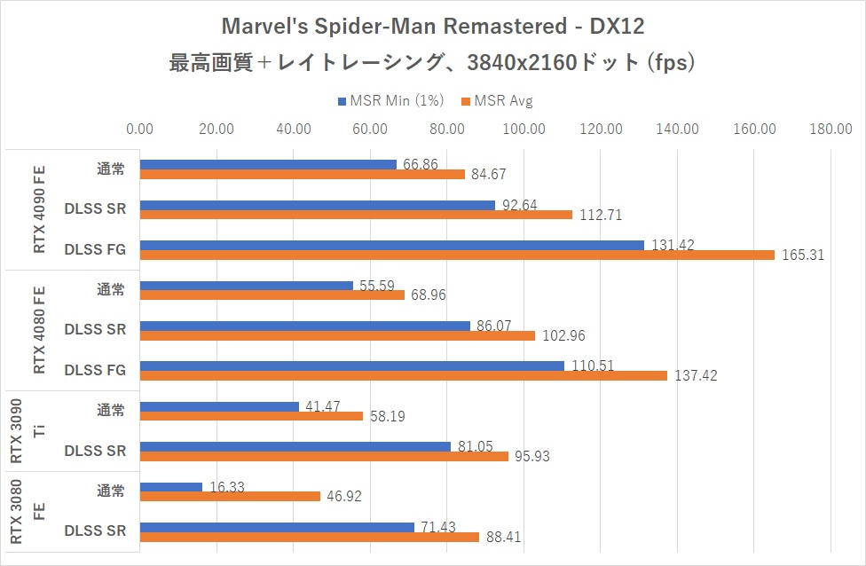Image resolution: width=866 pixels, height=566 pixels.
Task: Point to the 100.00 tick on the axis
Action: click(x=524, y=130)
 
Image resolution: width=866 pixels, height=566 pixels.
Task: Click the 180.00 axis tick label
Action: click(x=831, y=130)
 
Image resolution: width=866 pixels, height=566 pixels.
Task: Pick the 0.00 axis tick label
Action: click(x=140, y=130)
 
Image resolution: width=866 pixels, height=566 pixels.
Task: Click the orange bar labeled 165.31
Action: click(x=457, y=255)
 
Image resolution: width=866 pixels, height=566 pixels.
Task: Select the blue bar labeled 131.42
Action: click(x=391, y=245)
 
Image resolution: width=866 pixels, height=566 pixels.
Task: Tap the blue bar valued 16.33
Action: click(x=171, y=487)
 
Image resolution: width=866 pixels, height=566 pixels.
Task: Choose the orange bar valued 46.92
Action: click(x=230, y=497)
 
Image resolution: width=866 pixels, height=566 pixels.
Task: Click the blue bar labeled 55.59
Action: click(x=247, y=286)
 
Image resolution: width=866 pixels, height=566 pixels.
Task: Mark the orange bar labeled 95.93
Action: click(x=324, y=456)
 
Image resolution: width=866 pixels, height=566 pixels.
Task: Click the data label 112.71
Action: click(x=598, y=215)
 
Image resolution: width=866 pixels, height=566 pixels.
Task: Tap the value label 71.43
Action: click(x=437, y=528)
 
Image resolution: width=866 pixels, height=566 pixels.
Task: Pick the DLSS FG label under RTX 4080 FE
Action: click(x=94, y=370)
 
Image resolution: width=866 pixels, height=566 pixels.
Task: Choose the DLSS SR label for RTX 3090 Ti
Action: click(x=95, y=451)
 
